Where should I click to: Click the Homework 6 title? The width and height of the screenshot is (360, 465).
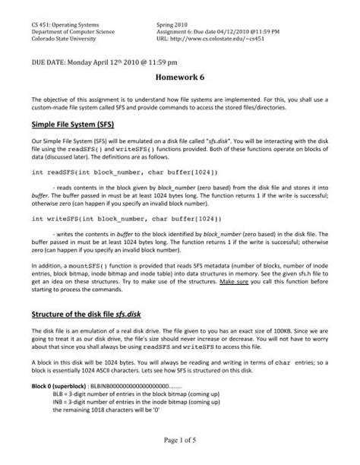pyautogui.click(x=179, y=78)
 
